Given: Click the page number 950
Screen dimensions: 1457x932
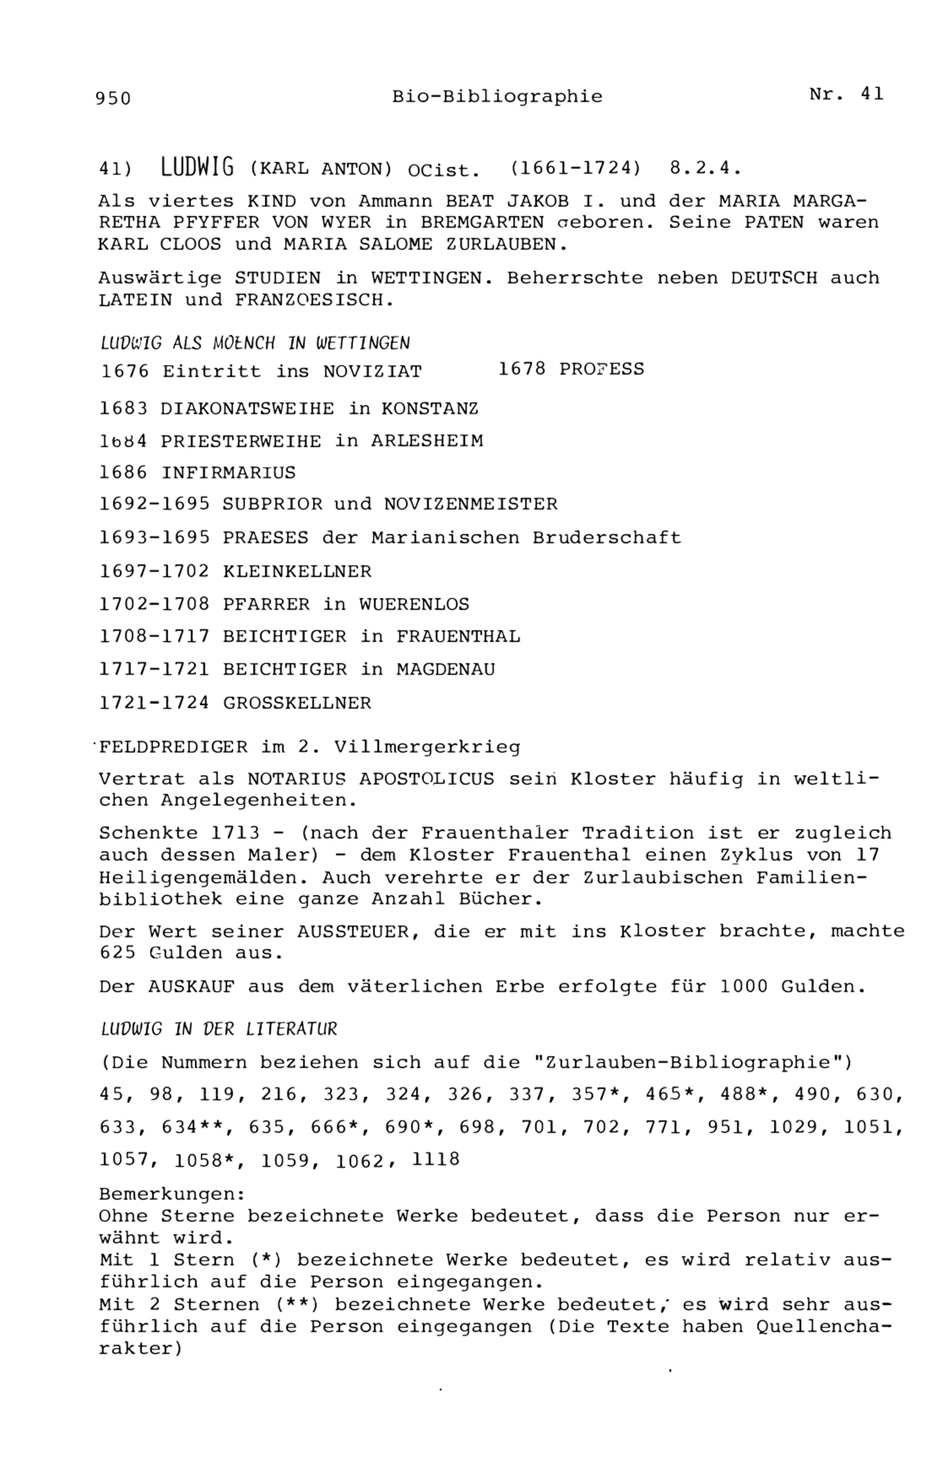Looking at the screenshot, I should click(x=113, y=98).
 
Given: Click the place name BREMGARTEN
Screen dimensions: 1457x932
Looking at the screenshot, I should click(x=482, y=223).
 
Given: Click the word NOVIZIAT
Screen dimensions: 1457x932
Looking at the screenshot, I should click(x=372, y=372).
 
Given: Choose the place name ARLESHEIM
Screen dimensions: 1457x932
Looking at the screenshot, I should click(x=427, y=441).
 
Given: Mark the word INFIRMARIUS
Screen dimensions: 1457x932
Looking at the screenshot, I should click(x=228, y=473).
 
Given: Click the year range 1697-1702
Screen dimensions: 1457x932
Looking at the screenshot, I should click(x=154, y=571).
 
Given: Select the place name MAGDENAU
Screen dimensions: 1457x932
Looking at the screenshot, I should click(x=445, y=669).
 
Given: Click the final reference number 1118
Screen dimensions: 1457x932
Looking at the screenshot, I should click(x=436, y=1159).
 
